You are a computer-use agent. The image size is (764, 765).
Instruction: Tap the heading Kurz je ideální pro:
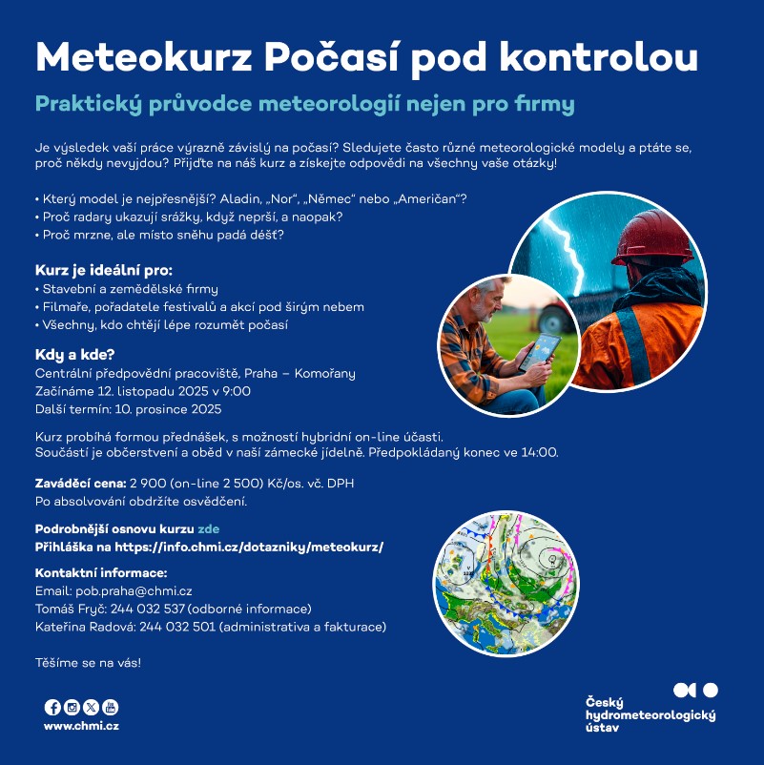104,270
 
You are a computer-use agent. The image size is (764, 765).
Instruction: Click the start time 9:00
237,391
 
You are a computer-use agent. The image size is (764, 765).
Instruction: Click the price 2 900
149,484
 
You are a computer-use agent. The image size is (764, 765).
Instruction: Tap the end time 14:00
540,452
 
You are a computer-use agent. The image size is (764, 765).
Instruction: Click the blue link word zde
209,528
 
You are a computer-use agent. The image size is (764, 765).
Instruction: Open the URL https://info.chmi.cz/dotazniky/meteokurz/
249,547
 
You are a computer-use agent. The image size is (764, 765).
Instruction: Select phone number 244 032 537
149,609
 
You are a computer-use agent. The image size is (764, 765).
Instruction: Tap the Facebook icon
52,707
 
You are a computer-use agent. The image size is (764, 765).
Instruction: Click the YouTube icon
111,707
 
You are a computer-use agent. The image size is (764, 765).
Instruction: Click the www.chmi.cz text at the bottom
81,726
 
